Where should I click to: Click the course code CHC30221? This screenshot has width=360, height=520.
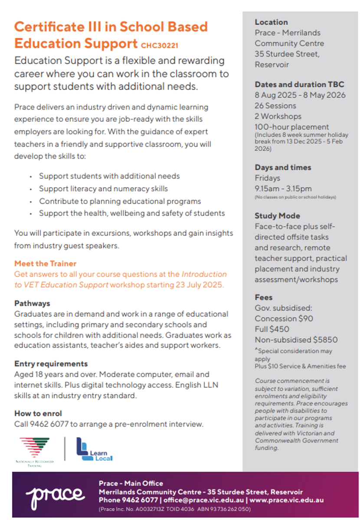coord(160,45)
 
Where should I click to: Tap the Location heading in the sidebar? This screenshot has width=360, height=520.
coord(271,22)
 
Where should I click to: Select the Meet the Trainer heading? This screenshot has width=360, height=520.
coord(45,263)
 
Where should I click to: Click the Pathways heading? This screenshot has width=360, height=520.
coord(32,303)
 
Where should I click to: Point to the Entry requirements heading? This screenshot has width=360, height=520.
coord(51,364)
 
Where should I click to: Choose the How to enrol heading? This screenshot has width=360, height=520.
coord(38,413)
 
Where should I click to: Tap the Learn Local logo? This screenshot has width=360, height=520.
coord(94,449)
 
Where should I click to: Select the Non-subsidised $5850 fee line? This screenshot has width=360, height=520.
coord(296,340)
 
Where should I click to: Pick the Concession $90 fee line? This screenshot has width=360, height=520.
coord(284,318)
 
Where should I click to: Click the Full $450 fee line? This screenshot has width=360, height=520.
coord(272,329)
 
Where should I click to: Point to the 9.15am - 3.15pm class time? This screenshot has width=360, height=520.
coord(283,188)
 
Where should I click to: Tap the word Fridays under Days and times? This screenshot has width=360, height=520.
coord(267,178)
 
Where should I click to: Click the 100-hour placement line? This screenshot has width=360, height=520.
coord(291,127)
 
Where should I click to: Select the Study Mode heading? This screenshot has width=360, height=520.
coord(277,216)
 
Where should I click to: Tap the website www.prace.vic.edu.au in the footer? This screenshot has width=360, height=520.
coord(287,500)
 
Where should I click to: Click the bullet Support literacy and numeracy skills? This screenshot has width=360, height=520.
coord(103,189)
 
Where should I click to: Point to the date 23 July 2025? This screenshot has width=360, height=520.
coord(202,285)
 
